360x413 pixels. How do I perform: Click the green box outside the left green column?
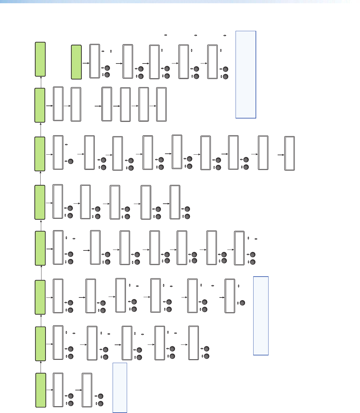click(76, 62)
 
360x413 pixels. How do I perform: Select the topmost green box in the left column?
click(40, 59)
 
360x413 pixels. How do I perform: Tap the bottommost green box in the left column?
click(41, 390)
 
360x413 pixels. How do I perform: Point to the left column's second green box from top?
click(40, 105)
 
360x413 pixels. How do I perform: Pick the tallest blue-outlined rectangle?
click(246, 75)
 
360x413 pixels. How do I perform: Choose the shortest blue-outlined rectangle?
click(120, 388)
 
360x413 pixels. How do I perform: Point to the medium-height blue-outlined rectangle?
click(261, 316)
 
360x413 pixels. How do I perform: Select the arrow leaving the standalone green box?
click(86, 63)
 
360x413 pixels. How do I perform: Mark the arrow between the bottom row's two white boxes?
click(78, 390)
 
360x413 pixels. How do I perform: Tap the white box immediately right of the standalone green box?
click(95, 61)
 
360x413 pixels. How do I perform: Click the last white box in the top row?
click(213, 62)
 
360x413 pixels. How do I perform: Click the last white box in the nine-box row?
click(290, 153)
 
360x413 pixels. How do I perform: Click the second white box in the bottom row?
click(87, 390)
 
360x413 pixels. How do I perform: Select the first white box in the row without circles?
click(58, 104)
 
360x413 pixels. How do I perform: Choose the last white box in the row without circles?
click(161, 104)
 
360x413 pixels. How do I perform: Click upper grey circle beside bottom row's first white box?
click(71, 396)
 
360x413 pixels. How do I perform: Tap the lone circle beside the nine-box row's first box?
click(71, 161)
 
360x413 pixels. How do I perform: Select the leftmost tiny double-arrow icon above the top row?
click(166, 35)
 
